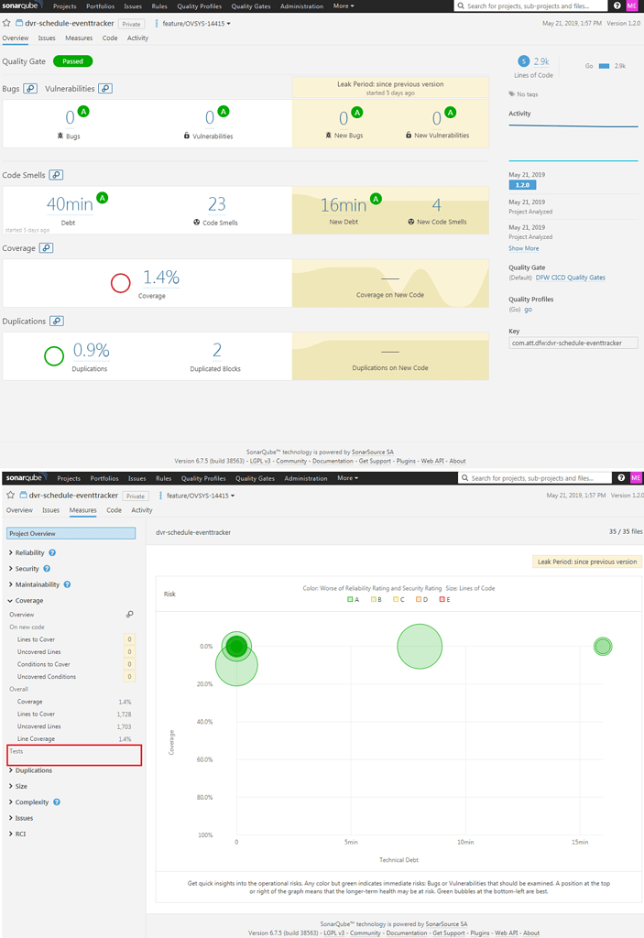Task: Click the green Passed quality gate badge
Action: pos(72,61)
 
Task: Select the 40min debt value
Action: pos(70,205)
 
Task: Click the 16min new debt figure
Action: pos(344,205)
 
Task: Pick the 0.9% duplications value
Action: pos(91,350)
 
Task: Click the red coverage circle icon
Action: pos(120,283)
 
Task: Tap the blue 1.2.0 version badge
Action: pos(522,185)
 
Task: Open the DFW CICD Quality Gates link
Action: pos(570,278)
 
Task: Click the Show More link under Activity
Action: pos(523,248)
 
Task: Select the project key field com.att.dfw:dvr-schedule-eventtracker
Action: pos(573,343)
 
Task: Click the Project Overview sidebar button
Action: pos(71,533)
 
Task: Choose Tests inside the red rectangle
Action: pos(16,751)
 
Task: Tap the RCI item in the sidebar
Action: pos(20,834)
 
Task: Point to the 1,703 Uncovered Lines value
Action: pos(124,725)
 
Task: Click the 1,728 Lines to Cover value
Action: pos(124,714)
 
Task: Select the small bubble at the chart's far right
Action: pos(602,646)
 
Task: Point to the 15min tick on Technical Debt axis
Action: pos(579,842)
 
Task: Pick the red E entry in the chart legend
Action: pos(446,599)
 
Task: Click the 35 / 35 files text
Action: pos(625,531)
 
